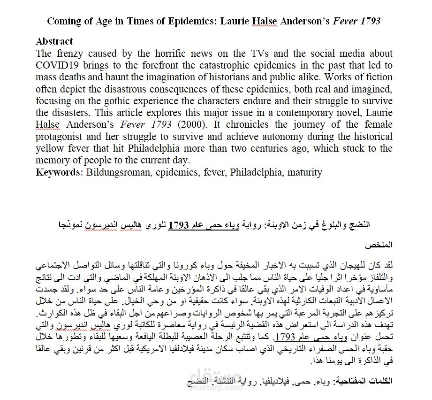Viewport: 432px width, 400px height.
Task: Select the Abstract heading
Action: (x=54, y=42)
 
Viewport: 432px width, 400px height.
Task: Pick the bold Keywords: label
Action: (x=60, y=172)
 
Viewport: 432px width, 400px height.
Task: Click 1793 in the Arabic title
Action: (x=179, y=224)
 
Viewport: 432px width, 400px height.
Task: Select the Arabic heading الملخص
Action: (x=381, y=245)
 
